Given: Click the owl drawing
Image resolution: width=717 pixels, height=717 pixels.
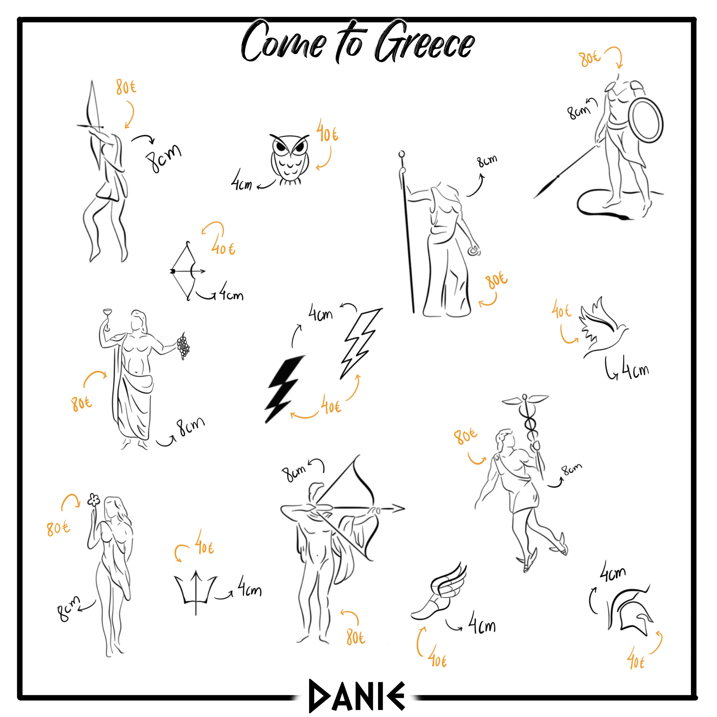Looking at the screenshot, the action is [x=289, y=160].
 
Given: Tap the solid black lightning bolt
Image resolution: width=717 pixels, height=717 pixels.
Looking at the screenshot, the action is [x=285, y=389].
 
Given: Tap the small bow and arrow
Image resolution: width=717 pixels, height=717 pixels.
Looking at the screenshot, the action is [x=187, y=271].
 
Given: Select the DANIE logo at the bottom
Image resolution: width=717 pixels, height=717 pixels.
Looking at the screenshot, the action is [x=357, y=696].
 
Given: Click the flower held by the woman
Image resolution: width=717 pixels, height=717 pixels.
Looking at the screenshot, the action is [x=93, y=500].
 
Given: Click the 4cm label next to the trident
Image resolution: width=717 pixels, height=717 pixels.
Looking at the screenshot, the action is [x=249, y=587].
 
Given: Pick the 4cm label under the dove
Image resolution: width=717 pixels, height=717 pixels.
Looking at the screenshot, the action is [x=635, y=367].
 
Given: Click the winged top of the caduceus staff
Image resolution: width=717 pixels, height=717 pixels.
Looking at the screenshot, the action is [x=525, y=400].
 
